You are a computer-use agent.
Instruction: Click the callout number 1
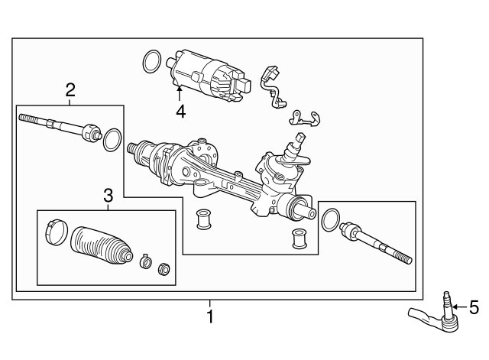[x=211, y=316]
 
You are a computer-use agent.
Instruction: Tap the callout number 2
[x=70, y=90]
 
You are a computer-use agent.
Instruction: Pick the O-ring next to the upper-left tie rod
[x=112, y=138]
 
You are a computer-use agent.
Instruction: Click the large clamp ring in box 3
[x=55, y=232]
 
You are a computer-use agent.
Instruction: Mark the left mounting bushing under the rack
[x=204, y=218]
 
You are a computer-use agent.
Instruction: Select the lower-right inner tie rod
[x=374, y=242]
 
